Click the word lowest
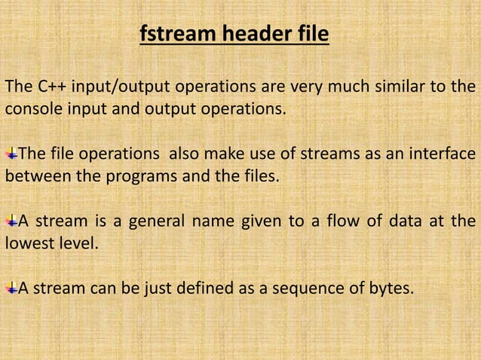click(28, 243)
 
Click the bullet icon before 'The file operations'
click(11, 155)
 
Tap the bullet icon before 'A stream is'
click(11, 223)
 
